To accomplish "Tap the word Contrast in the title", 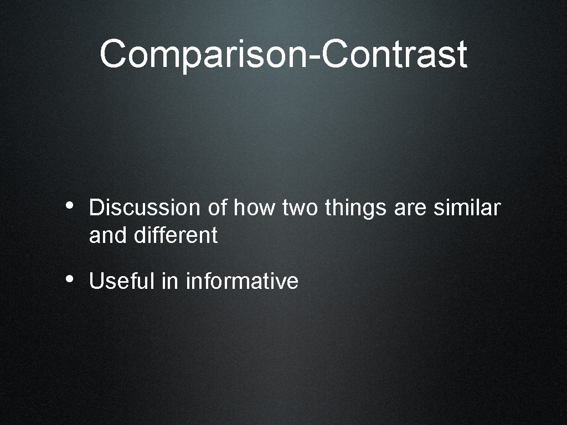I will pos(395,54).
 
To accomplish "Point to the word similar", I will pos(466,208).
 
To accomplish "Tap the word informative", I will pos(242,281).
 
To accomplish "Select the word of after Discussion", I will pos(218,208).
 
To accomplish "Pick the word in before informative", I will pos(169,281).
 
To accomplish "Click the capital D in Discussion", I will pos(95,208).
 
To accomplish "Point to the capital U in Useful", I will pos(95,281).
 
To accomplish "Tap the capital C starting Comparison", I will pos(115,54).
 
